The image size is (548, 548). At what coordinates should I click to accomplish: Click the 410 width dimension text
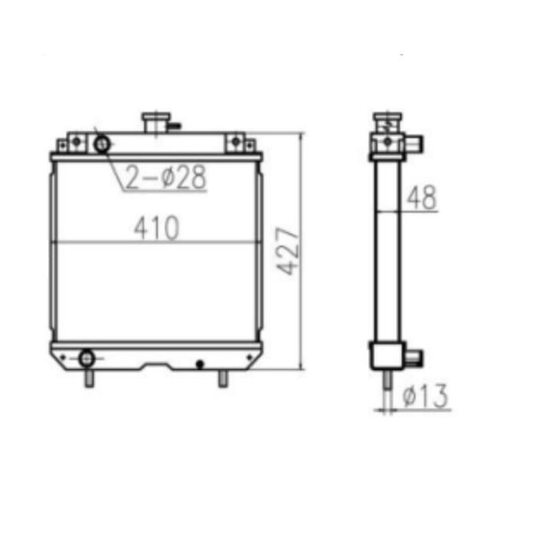coord(156,229)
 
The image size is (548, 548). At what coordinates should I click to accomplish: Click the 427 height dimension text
coord(289,251)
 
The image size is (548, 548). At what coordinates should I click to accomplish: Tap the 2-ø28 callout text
coord(166,177)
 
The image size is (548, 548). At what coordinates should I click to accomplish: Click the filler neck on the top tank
coord(156,122)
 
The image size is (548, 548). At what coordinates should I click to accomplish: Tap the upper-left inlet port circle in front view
coord(103,143)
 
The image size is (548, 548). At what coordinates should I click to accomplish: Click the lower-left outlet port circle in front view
coord(86,357)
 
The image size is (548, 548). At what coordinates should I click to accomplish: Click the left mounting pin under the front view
coord(87,378)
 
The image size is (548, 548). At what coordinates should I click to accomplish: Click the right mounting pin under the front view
coord(223,378)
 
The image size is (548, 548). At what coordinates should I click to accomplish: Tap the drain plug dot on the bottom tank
coord(200,364)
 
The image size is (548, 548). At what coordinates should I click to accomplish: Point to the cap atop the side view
coord(387,119)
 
